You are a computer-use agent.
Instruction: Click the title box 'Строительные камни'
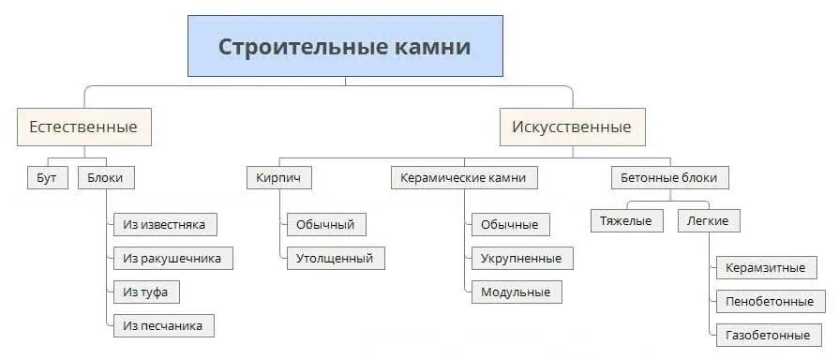coord(345,46)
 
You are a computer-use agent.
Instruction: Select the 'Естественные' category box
coord(83,127)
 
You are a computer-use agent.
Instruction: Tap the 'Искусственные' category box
coord(571,127)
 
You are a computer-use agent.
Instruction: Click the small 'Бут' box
coord(46,177)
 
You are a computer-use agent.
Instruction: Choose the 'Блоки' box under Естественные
coord(105,177)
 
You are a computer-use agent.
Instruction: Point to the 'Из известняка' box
coord(164,224)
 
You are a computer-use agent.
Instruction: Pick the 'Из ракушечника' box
coord(172,258)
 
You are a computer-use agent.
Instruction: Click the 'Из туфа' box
coord(145,292)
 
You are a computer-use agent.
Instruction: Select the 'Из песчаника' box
coord(162,325)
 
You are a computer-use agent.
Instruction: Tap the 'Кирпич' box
coord(278,177)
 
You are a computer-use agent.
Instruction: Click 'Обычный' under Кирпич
coord(325,224)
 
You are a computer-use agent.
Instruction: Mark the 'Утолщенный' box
coord(335,258)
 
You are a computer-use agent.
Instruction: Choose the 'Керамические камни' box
coord(463,177)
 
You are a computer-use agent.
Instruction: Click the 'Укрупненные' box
coord(521,258)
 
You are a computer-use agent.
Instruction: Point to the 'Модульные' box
coord(516,292)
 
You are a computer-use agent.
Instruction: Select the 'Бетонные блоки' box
coord(669,177)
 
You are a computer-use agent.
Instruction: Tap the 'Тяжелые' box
coord(626,220)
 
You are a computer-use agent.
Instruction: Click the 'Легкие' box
coord(708,220)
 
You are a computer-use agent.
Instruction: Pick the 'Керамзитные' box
coord(765,267)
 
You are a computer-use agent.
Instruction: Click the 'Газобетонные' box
coord(768,334)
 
